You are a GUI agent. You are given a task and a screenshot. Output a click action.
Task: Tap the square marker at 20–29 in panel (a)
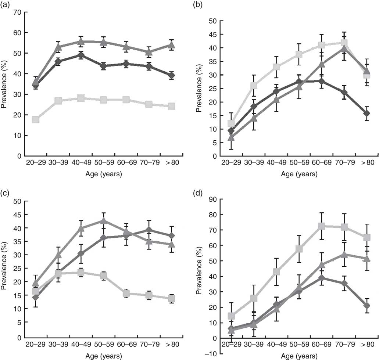pyautogui.click(x=36, y=119)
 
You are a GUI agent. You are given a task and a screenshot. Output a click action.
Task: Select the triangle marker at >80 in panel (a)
pyautogui.click(x=181, y=45)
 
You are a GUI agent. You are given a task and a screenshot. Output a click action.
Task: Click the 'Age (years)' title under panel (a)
pyautogui.click(x=102, y=174)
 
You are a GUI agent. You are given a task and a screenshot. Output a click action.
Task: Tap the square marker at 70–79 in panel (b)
pyautogui.click(x=344, y=43)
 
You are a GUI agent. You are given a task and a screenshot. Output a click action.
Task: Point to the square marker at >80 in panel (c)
pyautogui.click(x=181, y=299)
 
